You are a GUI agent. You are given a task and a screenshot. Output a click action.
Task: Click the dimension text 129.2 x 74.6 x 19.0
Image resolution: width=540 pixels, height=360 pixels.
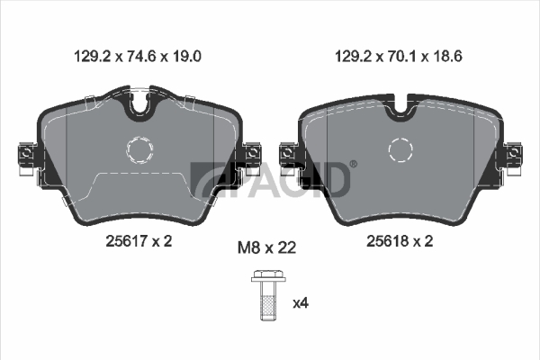[138, 56]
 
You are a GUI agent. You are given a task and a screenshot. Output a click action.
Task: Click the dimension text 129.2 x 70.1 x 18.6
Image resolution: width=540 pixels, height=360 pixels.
[399, 56]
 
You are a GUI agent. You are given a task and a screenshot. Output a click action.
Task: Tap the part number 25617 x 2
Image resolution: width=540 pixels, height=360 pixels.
[139, 241]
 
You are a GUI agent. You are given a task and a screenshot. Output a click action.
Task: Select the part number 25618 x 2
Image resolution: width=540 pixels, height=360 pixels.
[400, 241]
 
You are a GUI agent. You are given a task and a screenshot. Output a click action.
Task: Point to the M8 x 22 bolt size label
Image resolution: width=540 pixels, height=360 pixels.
[267, 247]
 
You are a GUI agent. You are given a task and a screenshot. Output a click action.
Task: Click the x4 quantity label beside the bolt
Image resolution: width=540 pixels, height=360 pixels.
[301, 303]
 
